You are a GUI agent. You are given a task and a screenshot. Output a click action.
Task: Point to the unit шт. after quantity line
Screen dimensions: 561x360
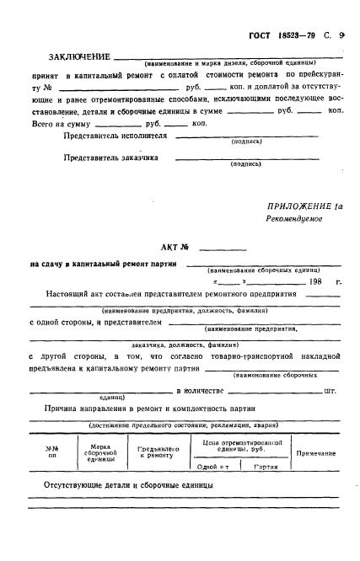pyautogui.click(x=331, y=392)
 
